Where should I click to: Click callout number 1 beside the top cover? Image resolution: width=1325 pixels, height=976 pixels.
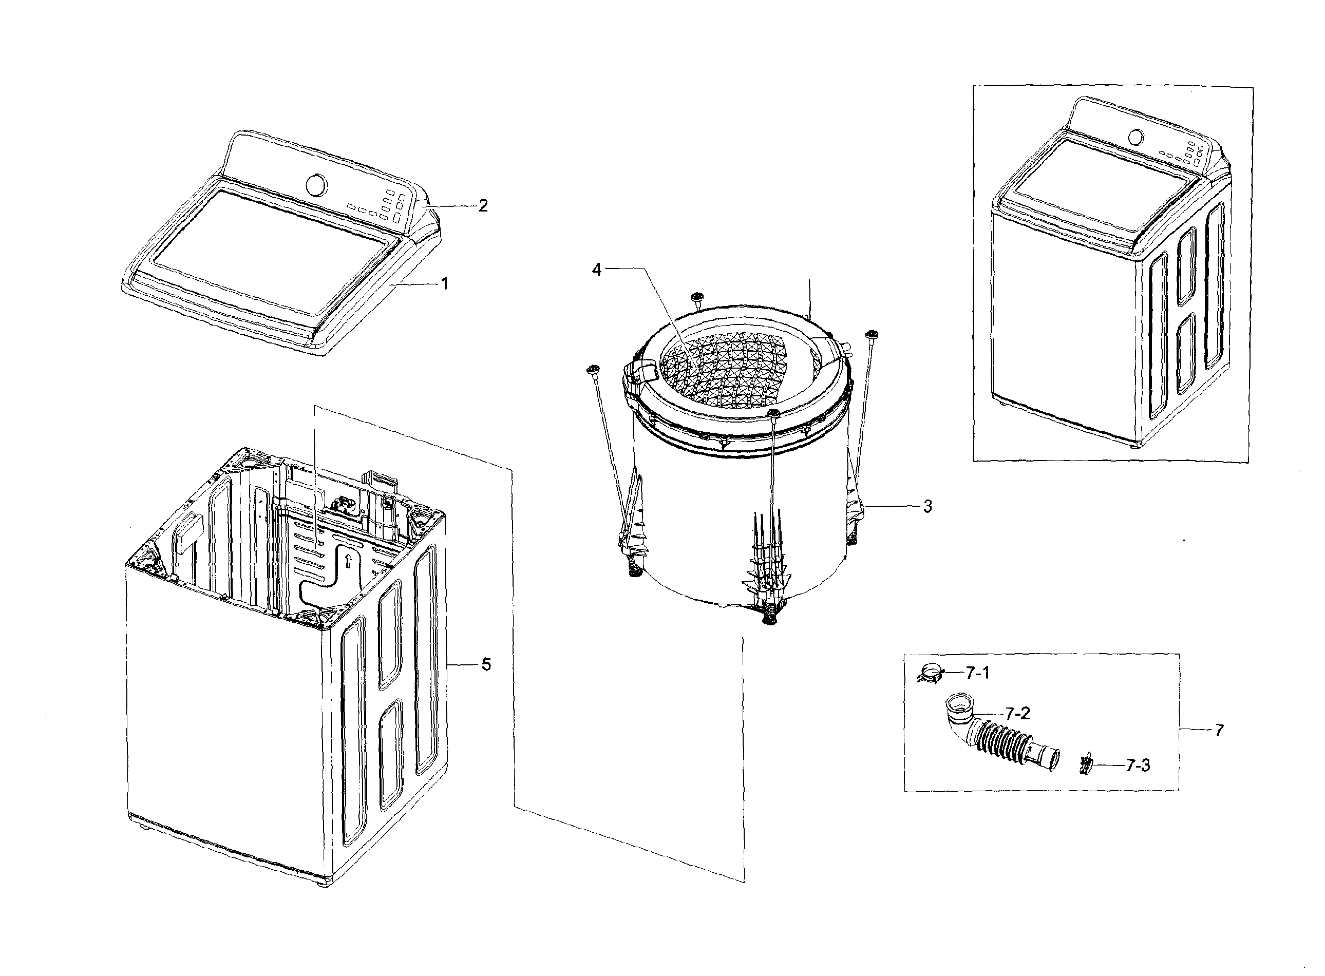[x=444, y=284]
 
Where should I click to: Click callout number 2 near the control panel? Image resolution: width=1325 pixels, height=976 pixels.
[x=483, y=206]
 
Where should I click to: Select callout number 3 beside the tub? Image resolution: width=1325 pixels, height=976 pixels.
[x=927, y=506]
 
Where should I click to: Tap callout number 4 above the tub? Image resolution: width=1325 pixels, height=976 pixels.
[x=596, y=270]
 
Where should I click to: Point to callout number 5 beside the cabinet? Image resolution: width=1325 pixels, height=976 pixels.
[x=486, y=665]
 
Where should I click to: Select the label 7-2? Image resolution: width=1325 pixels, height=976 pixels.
[x=1017, y=713]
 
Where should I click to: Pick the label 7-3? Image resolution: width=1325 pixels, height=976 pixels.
[x=1138, y=766]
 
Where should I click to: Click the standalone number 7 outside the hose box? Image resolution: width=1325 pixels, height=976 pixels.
[x=1219, y=730]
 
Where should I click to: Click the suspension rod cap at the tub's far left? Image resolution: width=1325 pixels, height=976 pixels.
[x=592, y=371]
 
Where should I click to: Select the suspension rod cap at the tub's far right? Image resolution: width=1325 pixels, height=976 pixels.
[x=870, y=335]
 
